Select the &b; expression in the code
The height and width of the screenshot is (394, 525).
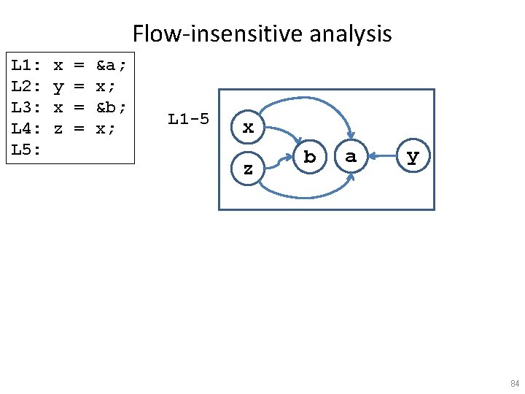pos(112,107)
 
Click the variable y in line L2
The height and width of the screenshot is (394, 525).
pos(58,88)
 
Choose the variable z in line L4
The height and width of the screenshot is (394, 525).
pos(58,128)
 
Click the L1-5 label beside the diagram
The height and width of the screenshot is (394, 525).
pos(188,118)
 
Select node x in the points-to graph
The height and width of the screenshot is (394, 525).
pos(249,128)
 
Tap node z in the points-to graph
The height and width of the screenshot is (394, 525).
pos(249,169)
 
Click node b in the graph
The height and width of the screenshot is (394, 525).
pos(310,156)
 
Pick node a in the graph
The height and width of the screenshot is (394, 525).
pos(351,156)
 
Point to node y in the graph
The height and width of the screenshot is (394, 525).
pos(413,156)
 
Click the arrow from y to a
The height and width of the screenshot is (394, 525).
pos(382,155)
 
